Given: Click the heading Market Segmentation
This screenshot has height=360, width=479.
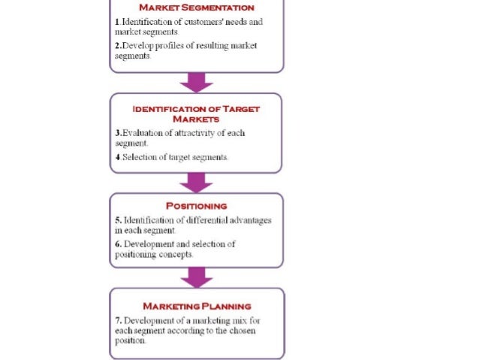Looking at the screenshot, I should (x=196, y=8).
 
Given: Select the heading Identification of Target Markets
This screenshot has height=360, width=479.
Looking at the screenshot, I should (x=196, y=113).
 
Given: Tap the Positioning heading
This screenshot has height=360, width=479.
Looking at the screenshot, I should (x=196, y=205).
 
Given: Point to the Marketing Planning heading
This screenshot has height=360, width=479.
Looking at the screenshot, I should (x=196, y=306).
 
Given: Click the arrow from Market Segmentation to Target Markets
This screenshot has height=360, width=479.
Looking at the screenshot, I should (x=196, y=82).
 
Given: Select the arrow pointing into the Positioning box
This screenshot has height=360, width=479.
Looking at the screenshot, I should (x=196, y=182).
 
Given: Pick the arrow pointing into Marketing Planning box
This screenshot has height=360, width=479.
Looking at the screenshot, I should (x=196, y=277).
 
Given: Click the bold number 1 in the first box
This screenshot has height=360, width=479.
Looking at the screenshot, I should (x=116, y=22).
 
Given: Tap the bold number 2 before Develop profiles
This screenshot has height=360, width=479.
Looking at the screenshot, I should (x=117, y=46).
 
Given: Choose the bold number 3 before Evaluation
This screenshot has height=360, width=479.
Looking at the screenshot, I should (x=117, y=133).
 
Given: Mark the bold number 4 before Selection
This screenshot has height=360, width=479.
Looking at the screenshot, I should (x=117, y=157).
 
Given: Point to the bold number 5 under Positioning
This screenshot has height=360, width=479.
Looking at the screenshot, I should (x=117, y=220).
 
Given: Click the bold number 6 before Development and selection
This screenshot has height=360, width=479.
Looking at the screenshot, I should (x=117, y=244).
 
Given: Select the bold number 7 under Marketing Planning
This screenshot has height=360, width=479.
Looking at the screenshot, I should (x=117, y=320).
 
